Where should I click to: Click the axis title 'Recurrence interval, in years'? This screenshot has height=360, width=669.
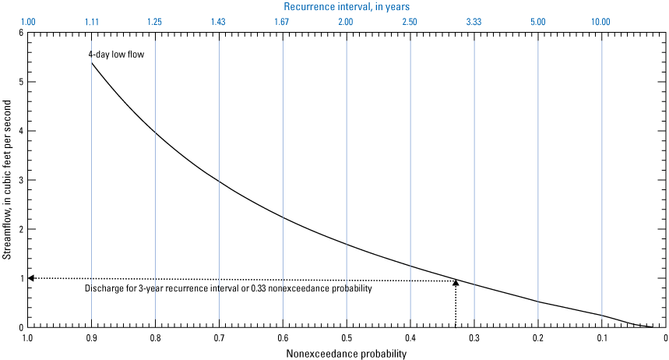coord(347,6)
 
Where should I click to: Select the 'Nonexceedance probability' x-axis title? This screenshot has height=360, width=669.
coord(347,354)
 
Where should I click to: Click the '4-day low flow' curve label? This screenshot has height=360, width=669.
coord(115,55)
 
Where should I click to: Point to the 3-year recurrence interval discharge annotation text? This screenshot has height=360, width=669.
coord(227,289)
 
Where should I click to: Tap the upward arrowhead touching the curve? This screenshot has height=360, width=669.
coord(456,282)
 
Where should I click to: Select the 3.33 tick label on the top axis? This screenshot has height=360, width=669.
coord(474,22)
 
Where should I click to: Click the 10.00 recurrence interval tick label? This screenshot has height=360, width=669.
coord(601,22)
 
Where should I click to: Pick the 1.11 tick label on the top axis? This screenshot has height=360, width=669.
coord(91,22)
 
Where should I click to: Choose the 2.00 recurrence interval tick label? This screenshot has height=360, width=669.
coord(347,22)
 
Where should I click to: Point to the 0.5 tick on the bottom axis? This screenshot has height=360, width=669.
coord(347,338)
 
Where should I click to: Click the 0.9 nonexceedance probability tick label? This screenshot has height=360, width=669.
coord(91,338)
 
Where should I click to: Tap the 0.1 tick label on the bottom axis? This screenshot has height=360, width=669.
coord(601,338)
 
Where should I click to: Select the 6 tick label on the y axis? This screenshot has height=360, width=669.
coord(21,33)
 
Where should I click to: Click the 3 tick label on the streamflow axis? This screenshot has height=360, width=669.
coord(21,180)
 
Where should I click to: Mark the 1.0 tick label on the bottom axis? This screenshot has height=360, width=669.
coord(28,338)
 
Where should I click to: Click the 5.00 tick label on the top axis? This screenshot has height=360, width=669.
coord(537,22)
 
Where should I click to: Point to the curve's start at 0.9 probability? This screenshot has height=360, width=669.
coord(92,63)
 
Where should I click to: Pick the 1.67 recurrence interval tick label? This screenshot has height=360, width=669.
coord(283,22)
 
